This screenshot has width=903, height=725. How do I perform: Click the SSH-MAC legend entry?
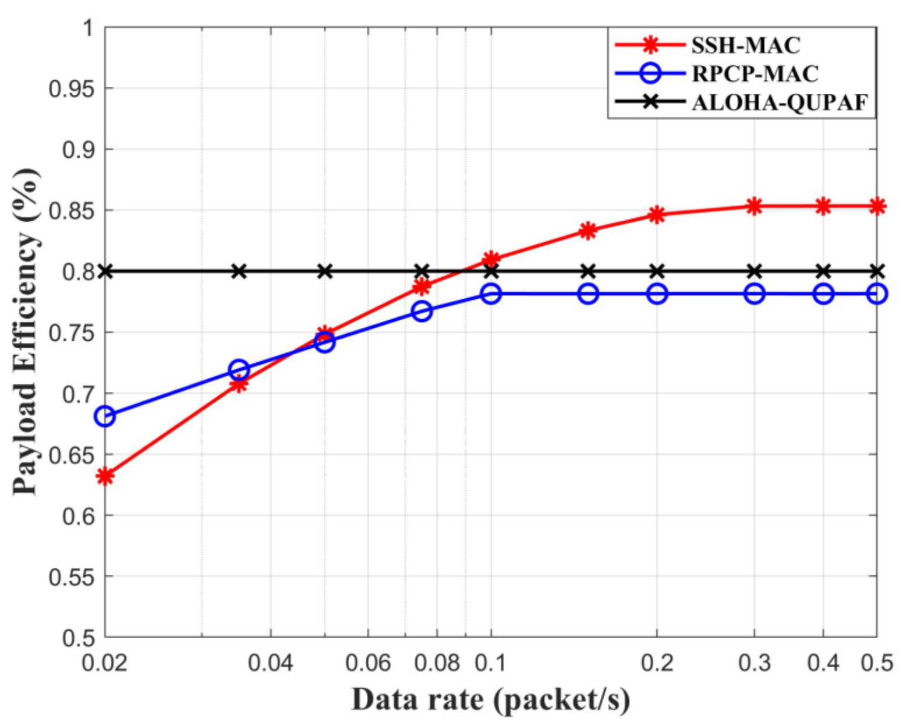pyautogui.click(x=746, y=45)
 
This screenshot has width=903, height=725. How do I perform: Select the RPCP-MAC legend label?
pyautogui.click(x=755, y=73)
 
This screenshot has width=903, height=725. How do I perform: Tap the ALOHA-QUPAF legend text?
pyautogui.click(x=780, y=102)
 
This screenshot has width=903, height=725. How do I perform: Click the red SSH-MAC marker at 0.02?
pyautogui.click(x=105, y=476)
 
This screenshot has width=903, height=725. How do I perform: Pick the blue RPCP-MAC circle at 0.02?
pyautogui.click(x=105, y=416)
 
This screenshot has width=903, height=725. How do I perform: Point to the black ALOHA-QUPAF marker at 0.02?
pyautogui.click(x=105, y=271)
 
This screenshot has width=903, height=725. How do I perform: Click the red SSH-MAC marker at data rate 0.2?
pyautogui.click(x=657, y=214)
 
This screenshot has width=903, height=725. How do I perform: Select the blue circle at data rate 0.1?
pyautogui.click(x=491, y=293)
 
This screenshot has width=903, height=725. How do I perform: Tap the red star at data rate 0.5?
pyautogui.click(x=877, y=206)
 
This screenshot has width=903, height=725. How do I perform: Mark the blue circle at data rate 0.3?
pyautogui.click(x=755, y=293)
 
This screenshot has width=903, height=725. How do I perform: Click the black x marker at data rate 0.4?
pyautogui.click(x=823, y=271)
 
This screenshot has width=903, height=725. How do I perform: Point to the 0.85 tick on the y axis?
pyautogui.click(x=71, y=210)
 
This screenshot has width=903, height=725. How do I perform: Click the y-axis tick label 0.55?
pyautogui.click(x=71, y=577)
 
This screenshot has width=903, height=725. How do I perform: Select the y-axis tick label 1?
pyautogui.click(x=88, y=27)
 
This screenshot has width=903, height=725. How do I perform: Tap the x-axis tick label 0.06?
pyautogui.click(x=368, y=663)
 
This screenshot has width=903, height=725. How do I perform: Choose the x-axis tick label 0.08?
pyautogui.click(x=437, y=663)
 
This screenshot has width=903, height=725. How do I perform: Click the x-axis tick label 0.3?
pyautogui.click(x=755, y=663)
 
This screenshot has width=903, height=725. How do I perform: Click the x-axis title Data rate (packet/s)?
pyautogui.click(x=490, y=699)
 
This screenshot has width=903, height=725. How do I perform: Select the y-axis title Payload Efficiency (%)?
pyautogui.click(x=26, y=332)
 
